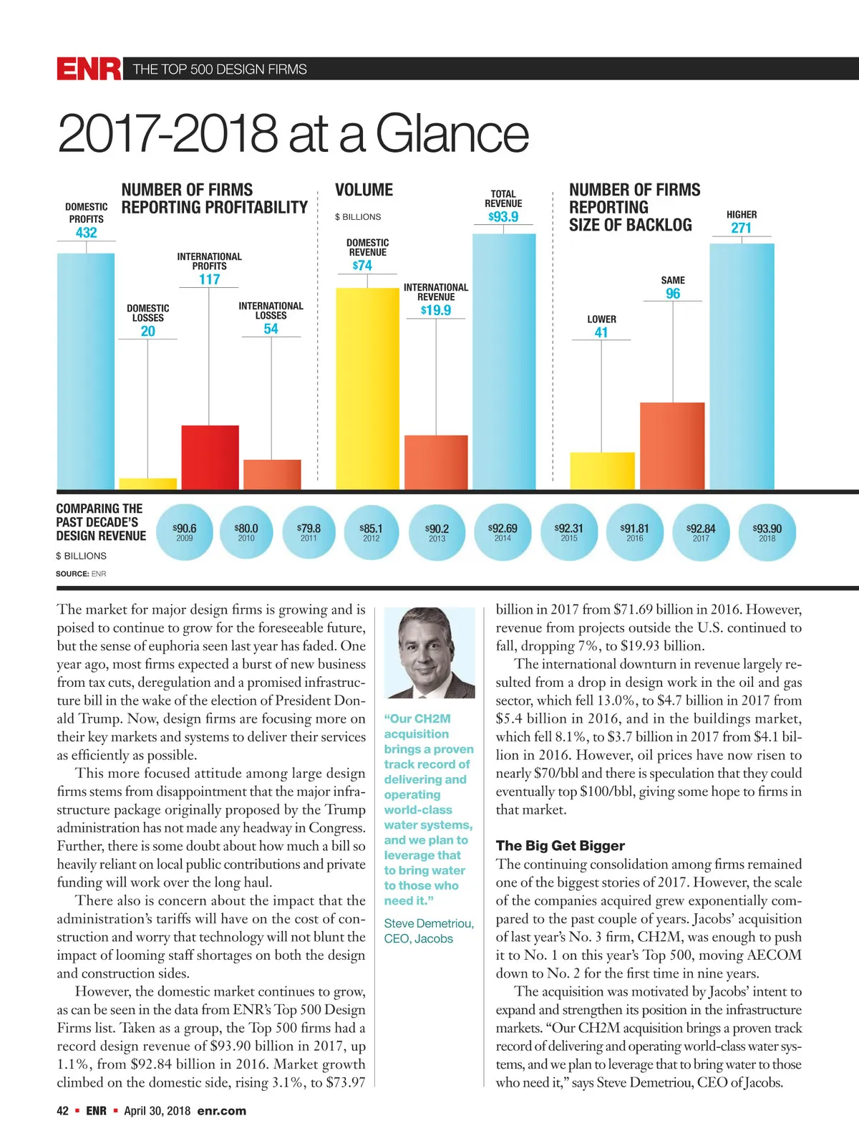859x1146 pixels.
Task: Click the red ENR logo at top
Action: (89, 69)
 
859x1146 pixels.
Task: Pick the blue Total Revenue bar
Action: (504, 362)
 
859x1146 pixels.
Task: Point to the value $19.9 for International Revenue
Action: (436, 310)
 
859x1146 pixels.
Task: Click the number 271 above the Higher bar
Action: (741, 228)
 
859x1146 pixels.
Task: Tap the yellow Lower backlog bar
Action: (602, 471)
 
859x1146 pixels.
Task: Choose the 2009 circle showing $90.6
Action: (185, 531)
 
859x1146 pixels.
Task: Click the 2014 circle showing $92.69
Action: (503, 531)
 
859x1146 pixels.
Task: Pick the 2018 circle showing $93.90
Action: (767, 531)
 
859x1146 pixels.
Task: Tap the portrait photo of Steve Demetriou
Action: (429, 653)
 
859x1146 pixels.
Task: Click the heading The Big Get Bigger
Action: (560, 846)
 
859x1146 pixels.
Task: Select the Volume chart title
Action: (364, 190)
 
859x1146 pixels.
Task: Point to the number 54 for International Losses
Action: (271, 329)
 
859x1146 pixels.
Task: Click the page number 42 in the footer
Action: (63, 1111)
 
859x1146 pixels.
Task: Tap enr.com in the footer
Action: (222, 1111)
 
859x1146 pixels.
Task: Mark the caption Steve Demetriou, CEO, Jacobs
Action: (428, 931)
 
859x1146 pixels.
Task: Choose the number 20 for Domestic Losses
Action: (147, 331)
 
